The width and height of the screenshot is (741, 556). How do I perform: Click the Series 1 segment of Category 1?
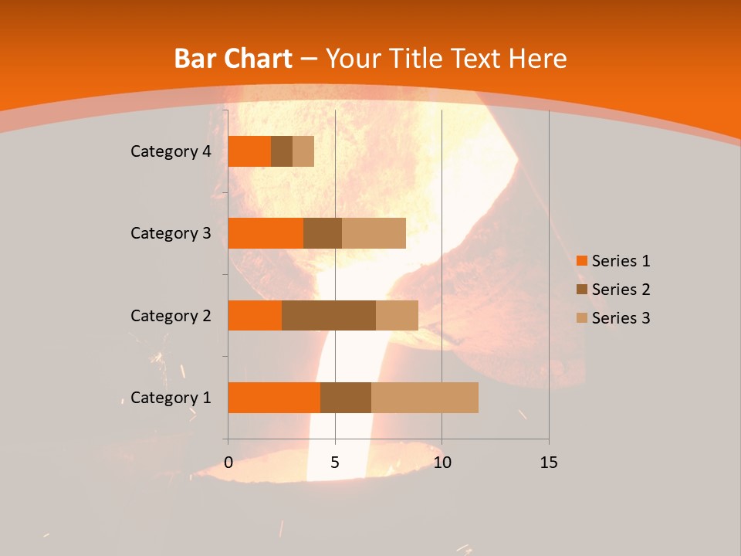pyautogui.click(x=274, y=398)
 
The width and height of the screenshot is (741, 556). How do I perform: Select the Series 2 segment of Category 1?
pyautogui.click(x=346, y=398)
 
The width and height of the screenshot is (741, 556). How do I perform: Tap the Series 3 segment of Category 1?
pyautogui.click(x=425, y=398)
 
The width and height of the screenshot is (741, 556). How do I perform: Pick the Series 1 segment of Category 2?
pyautogui.click(x=255, y=315)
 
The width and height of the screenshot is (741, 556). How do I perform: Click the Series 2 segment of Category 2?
pyautogui.click(x=329, y=315)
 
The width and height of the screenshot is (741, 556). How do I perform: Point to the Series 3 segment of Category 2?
pyautogui.click(x=397, y=315)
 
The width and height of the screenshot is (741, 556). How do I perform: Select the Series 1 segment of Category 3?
pyautogui.click(x=266, y=233)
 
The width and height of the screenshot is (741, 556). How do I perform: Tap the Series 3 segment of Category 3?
pyautogui.click(x=374, y=233)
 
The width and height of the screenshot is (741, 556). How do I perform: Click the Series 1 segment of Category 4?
pyautogui.click(x=249, y=151)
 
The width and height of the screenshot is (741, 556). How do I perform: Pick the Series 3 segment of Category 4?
pyautogui.click(x=303, y=151)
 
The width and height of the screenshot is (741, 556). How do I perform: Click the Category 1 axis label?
pyautogui.click(x=171, y=398)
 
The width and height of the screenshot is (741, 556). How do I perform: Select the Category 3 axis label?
pyautogui.click(x=171, y=233)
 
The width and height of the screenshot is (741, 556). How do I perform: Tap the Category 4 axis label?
pyautogui.click(x=171, y=151)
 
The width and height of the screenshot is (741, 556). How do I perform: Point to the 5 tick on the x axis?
pyautogui.click(x=335, y=463)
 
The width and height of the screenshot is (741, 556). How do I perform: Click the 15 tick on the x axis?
pyautogui.click(x=549, y=463)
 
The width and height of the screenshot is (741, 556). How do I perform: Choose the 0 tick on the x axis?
pyautogui.click(x=228, y=463)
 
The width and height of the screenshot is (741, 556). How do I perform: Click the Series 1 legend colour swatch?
pyautogui.click(x=581, y=261)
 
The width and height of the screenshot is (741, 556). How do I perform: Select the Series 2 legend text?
pyautogui.click(x=621, y=290)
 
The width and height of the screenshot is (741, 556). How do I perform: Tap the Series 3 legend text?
pyautogui.click(x=621, y=318)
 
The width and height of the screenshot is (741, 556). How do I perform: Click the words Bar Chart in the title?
pyautogui.click(x=233, y=59)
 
